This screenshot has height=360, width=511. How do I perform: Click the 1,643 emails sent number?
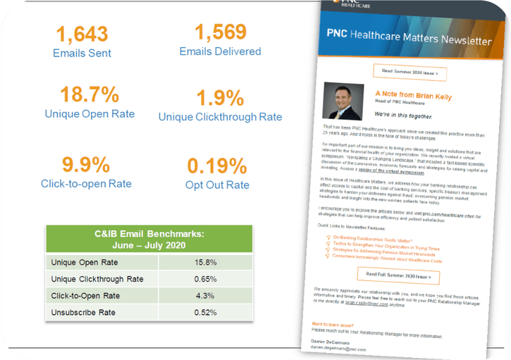pos(81,33)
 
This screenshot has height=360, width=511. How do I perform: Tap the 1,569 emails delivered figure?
pos(220,32)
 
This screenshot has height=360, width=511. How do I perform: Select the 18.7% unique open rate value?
pos(81,94)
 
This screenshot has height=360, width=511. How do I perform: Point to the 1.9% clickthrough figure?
pos(220,98)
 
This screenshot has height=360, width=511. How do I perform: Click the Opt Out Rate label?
pos(218,185)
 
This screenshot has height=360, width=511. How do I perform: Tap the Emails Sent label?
pos(82,53)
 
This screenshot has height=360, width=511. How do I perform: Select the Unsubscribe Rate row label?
pos(82,313)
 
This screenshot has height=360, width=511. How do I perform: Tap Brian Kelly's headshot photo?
pos(343,103)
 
